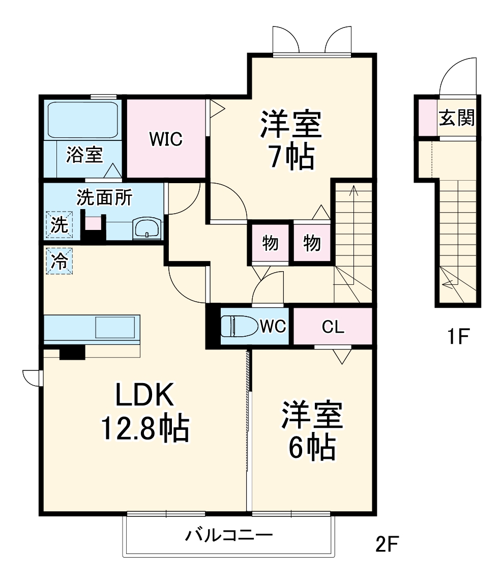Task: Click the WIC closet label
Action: (166, 138)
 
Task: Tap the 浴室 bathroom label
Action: (84, 155)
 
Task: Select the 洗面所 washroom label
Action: (104, 197)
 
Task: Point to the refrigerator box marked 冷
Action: (60, 261)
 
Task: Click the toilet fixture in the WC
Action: (238, 326)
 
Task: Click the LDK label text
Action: (145, 394)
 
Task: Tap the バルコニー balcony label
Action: (229, 535)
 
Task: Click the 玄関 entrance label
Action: (457, 118)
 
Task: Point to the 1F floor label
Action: (458, 337)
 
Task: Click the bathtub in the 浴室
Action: (82, 120)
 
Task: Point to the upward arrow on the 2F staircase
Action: (353, 203)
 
